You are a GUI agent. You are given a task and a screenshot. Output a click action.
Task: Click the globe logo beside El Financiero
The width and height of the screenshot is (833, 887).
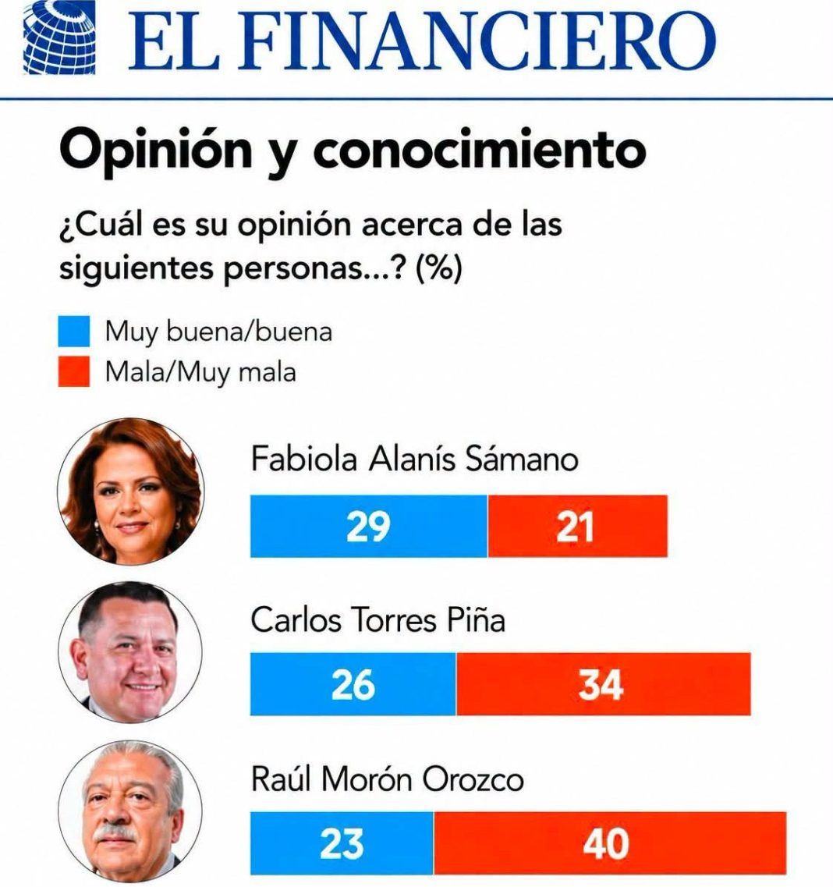point(59,37)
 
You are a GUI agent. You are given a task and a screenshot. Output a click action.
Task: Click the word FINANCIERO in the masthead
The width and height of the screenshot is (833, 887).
point(479,41)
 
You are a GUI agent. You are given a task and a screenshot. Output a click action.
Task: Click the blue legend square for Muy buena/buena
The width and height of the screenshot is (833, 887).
point(74,331)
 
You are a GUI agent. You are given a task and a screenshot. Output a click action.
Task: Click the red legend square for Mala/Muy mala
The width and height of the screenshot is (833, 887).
point(74,371)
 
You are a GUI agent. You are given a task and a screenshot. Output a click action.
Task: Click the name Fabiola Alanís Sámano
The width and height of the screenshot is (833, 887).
point(414,458)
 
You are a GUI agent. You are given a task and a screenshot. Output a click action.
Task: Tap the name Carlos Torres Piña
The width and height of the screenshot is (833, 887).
point(378,620)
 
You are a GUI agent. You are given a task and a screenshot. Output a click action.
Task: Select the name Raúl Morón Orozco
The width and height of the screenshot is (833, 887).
point(388,779)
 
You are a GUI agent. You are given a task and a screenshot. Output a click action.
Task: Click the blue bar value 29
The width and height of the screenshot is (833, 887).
point(368,527)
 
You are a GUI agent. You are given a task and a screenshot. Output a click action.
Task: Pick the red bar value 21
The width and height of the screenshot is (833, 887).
point(575,527)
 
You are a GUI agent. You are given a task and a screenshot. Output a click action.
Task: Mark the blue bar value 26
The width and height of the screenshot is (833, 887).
point(353,684)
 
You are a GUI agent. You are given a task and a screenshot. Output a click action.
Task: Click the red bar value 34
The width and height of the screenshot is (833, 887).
point(601,684)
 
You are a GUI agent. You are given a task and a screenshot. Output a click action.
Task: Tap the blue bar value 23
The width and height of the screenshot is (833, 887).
point(342,843)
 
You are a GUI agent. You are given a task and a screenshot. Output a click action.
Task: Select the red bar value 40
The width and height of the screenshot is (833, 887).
point(606,843)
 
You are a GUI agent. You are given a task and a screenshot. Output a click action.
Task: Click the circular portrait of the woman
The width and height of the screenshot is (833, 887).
point(130,491)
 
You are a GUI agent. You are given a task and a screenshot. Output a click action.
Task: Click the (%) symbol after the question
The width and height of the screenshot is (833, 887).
point(439,267)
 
